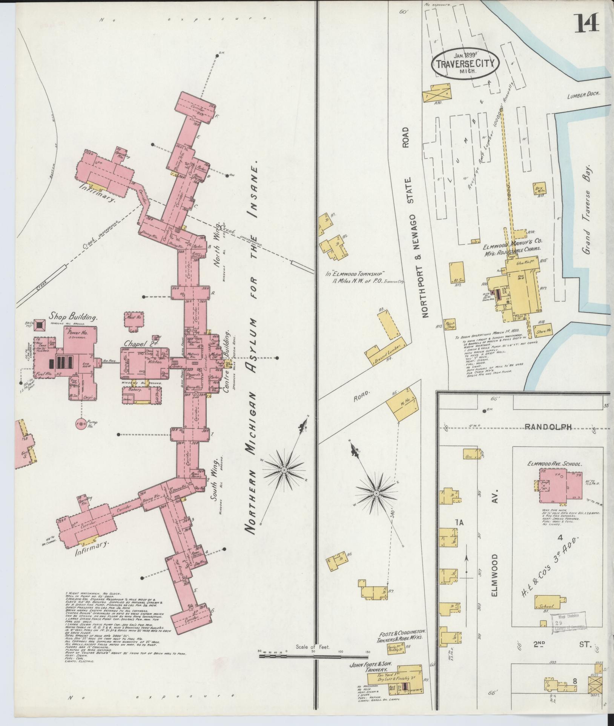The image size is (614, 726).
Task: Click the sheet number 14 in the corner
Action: coord(587,24)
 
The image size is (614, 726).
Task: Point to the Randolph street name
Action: coord(548,426)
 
